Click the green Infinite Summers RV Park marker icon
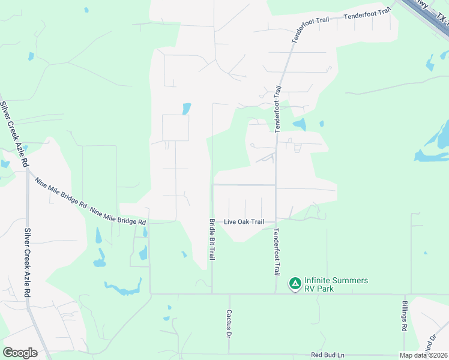[x=295, y=283]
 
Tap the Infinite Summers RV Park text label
[x=336, y=284]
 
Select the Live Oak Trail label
[x=244, y=222]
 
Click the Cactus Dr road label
[x=229, y=323]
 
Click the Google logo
[x=20, y=353]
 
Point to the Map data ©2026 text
[x=424, y=356]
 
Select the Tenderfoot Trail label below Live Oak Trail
[x=276, y=252]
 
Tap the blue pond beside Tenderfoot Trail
[x=300, y=124]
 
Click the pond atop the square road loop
[x=187, y=109]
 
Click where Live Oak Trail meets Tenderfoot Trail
[x=276, y=220]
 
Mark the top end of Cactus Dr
[x=229, y=295]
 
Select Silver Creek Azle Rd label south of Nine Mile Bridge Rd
[x=27, y=263]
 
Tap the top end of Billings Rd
[x=404, y=295]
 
